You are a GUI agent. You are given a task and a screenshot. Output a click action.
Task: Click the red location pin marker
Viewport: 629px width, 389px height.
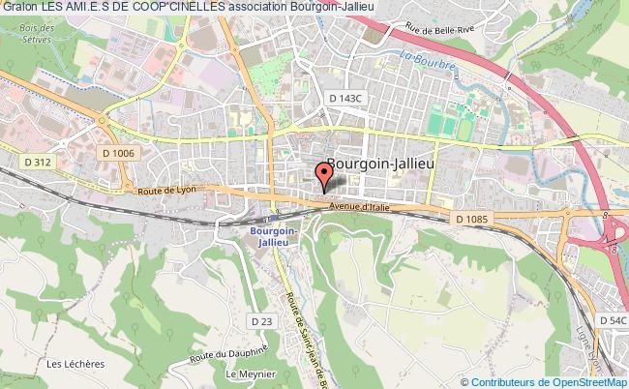pyautogui.click(x=323, y=176)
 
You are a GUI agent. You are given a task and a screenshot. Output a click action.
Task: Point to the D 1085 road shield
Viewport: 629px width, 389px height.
pyautogui.click(x=474, y=220)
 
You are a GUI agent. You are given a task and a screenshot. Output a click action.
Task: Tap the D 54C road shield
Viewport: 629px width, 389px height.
pyautogui.click(x=612, y=319)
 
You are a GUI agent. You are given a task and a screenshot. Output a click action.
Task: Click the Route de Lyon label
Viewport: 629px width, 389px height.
pyautogui.click(x=166, y=190)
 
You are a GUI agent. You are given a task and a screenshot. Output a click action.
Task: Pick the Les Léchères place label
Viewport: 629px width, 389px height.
pyautogui.click(x=69, y=363)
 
